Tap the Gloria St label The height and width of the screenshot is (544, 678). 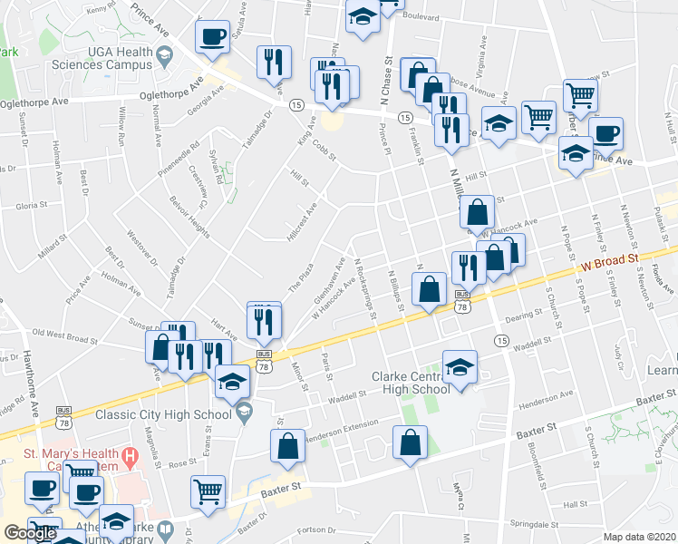pyautogui.click(x=31, y=206)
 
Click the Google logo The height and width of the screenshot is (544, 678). pyautogui.click(x=30, y=533)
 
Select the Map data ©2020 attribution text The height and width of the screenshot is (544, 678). pyautogui.click(x=639, y=537)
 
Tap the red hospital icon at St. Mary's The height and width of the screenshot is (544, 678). pyautogui.click(x=131, y=456)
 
